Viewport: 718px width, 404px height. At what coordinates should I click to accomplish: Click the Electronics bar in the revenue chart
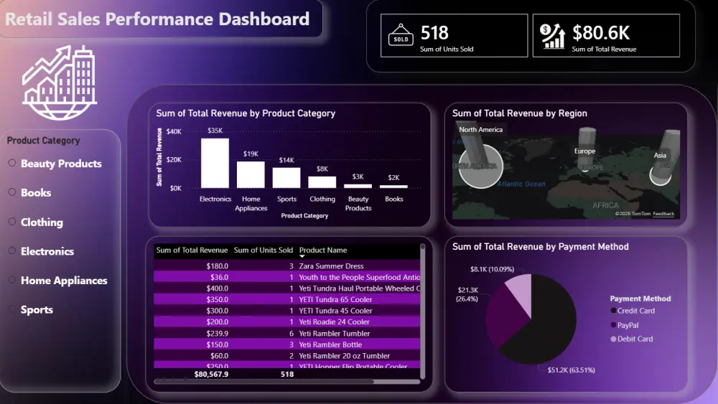point(215,163)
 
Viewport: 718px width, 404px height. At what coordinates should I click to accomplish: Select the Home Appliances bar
point(251,174)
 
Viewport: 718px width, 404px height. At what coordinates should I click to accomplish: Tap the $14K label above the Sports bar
point(286,160)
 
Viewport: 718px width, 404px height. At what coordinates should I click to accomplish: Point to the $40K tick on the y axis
point(174,131)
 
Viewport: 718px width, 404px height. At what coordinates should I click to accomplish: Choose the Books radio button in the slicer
point(12,192)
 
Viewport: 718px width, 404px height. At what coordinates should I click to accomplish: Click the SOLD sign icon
point(401,36)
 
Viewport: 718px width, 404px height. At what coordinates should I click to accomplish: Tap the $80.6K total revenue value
point(600,33)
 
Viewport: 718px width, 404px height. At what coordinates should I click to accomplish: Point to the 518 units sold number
point(434,33)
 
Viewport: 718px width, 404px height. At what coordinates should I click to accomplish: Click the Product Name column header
point(323,250)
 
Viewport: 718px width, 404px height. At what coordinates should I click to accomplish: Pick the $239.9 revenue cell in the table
point(215,334)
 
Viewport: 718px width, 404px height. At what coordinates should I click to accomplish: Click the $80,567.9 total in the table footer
point(211,374)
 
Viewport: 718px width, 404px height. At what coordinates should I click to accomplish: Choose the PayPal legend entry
point(628,325)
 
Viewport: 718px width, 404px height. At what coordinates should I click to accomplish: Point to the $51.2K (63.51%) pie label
point(567,370)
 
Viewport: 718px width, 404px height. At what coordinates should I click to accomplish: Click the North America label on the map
point(480,130)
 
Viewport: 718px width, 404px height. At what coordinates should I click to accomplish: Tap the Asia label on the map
point(660,155)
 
